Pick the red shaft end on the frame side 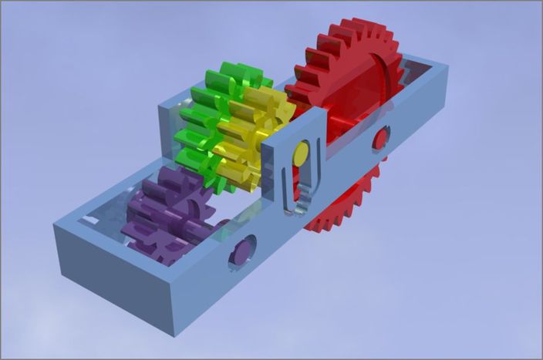[x=380, y=138]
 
